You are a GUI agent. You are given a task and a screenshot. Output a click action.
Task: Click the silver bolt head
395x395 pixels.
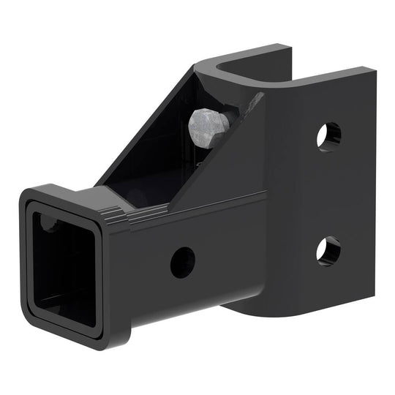coord(208,129)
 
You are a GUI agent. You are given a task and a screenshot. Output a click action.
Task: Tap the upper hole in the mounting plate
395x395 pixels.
coord(328,137)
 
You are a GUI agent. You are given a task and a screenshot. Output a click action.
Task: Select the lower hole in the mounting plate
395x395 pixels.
coord(328,250)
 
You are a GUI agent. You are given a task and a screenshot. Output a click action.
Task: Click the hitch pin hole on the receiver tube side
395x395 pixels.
coord(182,261)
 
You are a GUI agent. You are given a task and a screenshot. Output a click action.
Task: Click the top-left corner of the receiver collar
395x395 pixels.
coord(26,193)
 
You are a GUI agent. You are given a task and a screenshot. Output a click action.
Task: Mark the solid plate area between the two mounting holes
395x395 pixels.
coord(328,194)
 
